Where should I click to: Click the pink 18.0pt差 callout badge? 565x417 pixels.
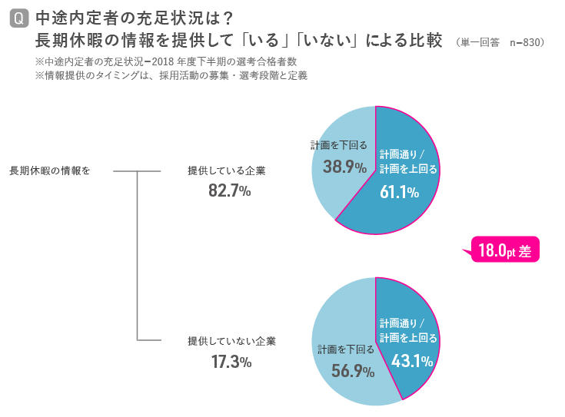pyautogui.click(x=504, y=250)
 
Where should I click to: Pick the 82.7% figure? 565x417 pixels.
pyautogui.click(x=230, y=191)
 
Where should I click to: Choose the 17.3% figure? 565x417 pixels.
pyautogui.click(x=231, y=360)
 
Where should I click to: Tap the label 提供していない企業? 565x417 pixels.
pyautogui.click(x=231, y=340)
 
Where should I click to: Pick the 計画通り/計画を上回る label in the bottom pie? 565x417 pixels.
pyautogui.click(x=408, y=330)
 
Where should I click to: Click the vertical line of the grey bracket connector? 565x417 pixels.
pyautogui.click(x=137, y=255)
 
